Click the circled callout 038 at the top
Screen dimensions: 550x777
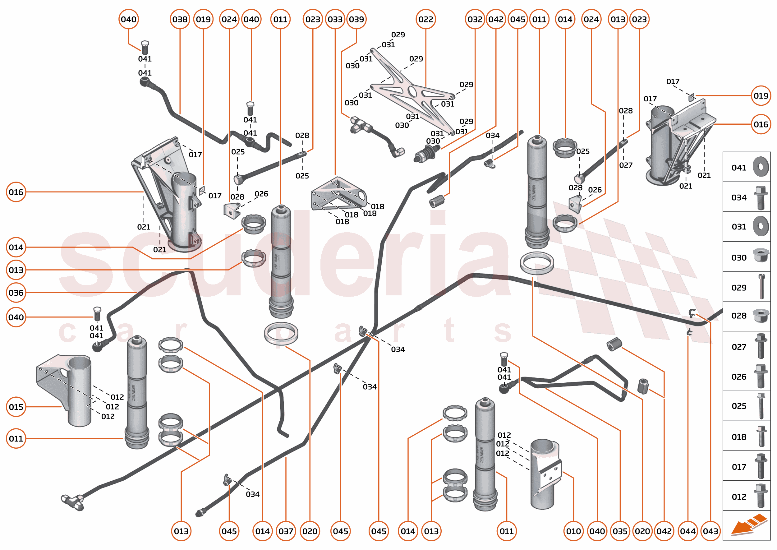click(x=180, y=19)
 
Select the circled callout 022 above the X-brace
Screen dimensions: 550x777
click(x=425, y=19)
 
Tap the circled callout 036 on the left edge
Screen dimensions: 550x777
click(x=16, y=293)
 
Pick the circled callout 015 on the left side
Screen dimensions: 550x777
click(x=16, y=407)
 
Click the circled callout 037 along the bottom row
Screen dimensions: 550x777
click(x=286, y=531)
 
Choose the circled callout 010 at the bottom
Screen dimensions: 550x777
click(x=573, y=531)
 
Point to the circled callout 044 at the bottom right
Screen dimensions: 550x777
click(x=687, y=531)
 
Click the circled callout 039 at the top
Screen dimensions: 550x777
click(x=356, y=19)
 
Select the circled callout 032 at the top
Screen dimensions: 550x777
click(x=475, y=19)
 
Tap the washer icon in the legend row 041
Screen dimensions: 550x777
click(x=761, y=167)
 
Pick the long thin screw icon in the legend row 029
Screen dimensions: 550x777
click(x=761, y=287)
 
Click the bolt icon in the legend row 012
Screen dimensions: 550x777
click(x=761, y=496)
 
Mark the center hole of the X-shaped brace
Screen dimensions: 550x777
click(x=412, y=91)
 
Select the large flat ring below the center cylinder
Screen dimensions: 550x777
click(x=281, y=333)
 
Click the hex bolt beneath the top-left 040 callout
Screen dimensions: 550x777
click(x=145, y=48)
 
